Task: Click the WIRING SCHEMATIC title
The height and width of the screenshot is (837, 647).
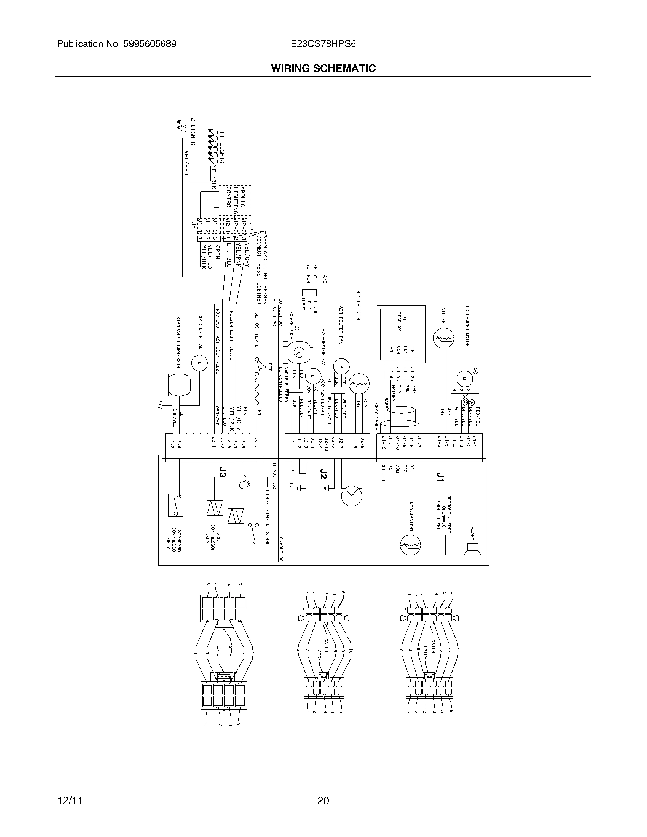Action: coord(323,68)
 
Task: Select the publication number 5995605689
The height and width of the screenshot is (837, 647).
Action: coord(150,44)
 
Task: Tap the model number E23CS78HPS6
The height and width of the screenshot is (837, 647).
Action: coord(323,44)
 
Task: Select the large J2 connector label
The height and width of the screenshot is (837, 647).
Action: coord(323,474)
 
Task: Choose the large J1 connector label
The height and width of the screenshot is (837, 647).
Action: coord(440,477)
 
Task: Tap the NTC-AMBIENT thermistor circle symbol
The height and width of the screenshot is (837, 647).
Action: coord(410,544)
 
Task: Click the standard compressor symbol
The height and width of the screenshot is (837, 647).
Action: coord(178,385)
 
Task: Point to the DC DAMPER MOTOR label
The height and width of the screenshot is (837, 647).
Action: coord(467,326)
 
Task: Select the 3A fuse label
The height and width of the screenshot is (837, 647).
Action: coord(249,484)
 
